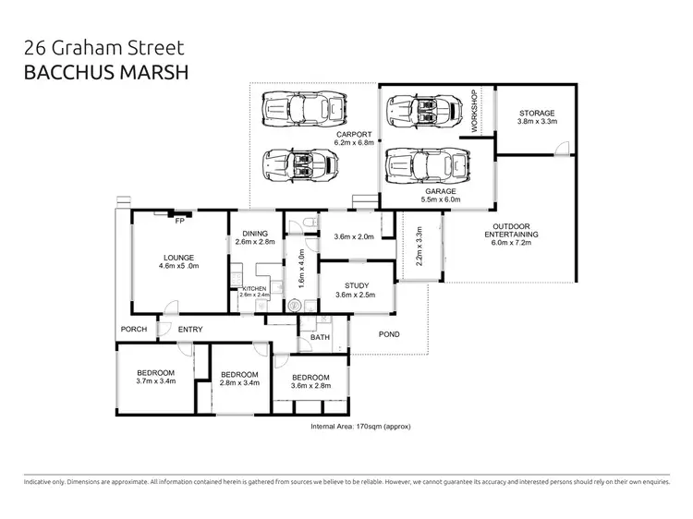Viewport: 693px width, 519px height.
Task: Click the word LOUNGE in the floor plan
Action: [x=178, y=257]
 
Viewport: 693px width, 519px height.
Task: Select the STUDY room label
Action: [x=357, y=284]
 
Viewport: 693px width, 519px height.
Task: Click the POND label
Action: [x=389, y=334]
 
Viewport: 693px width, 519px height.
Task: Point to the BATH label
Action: [x=320, y=338]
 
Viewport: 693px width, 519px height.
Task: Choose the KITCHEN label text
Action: [x=254, y=288]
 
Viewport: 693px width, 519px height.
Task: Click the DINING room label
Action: [x=254, y=233]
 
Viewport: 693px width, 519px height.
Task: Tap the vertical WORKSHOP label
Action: [x=474, y=112]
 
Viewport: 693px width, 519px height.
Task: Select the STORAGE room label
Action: [x=536, y=113]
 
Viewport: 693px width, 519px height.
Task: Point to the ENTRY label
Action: [x=190, y=330]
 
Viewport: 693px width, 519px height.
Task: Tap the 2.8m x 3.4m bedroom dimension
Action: [x=238, y=381]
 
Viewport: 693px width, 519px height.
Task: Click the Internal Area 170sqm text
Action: [x=361, y=428]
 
